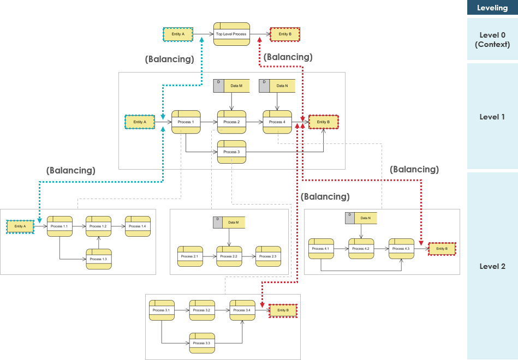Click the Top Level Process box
click(231, 34)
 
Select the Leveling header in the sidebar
click(492, 8)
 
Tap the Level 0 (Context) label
click(492, 40)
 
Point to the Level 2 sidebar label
click(492, 266)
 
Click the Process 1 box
click(186, 122)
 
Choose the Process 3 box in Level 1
click(231, 152)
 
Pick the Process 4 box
click(277, 122)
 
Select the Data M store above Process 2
click(231, 86)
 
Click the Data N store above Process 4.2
click(361, 218)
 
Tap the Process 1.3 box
click(99, 259)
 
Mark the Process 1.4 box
click(138, 226)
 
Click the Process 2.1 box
click(190, 256)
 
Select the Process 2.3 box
click(268, 256)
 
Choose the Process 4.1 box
click(321, 249)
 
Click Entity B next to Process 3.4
click(283, 310)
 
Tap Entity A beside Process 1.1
click(20, 226)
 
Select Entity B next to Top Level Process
click(285, 34)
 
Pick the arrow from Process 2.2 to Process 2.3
click(249, 256)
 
